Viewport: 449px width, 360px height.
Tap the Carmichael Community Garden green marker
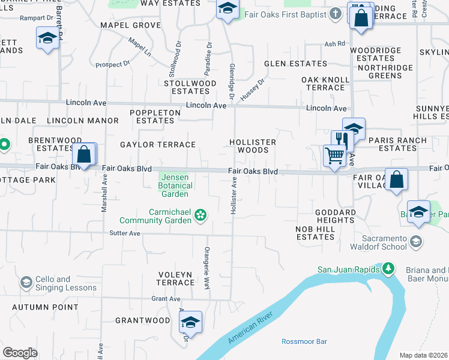tap(201, 215)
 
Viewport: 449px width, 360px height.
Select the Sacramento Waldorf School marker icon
tap(416, 241)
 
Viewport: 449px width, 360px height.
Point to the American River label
tap(251, 328)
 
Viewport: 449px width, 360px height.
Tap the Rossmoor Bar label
tap(304, 341)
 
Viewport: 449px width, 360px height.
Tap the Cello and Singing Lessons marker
tap(26, 281)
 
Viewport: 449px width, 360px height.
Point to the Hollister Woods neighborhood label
tap(253, 146)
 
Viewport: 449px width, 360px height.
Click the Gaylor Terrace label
tap(158, 145)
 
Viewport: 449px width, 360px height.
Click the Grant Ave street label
tap(166, 298)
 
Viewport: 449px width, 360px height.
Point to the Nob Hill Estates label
tap(315, 233)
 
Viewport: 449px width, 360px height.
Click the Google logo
tap(20, 352)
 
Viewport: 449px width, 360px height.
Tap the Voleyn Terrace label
tap(175, 278)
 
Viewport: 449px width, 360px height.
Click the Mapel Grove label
tap(131, 25)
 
